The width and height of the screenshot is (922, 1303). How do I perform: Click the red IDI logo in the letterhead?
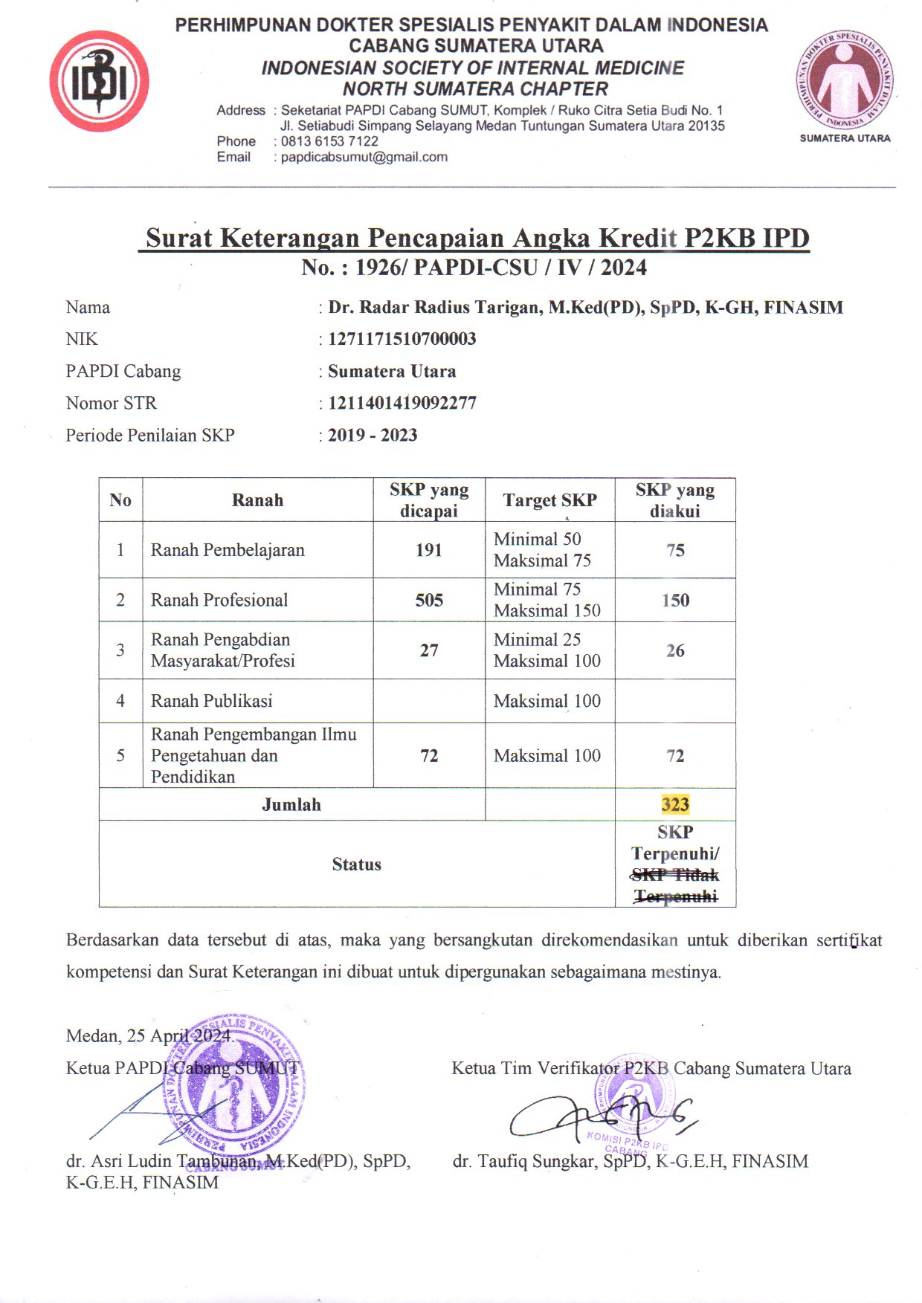point(99,81)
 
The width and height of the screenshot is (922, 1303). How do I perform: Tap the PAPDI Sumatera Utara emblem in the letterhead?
point(845,80)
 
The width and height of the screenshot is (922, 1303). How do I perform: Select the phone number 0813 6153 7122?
point(329,141)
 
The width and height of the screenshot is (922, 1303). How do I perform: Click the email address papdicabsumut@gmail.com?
point(364,157)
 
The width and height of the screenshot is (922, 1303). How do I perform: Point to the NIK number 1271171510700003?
point(402,339)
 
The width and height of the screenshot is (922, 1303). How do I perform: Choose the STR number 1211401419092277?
point(402,403)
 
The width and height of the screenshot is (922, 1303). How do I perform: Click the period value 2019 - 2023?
point(373,435)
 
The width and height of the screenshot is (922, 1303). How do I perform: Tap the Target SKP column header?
point(549,500)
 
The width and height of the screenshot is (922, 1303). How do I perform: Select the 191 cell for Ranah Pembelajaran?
point(429,550)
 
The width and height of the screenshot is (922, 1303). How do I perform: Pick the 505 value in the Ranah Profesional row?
point(429,600)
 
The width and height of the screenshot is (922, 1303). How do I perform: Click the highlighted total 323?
point(675,804)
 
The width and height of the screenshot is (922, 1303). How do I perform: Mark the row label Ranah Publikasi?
point(212,701)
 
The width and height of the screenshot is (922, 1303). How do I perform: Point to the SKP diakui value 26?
point(675,650)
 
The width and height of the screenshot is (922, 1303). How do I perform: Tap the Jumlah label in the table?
point(291,804)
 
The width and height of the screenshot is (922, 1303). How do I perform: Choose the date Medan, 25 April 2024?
point(149,1035)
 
